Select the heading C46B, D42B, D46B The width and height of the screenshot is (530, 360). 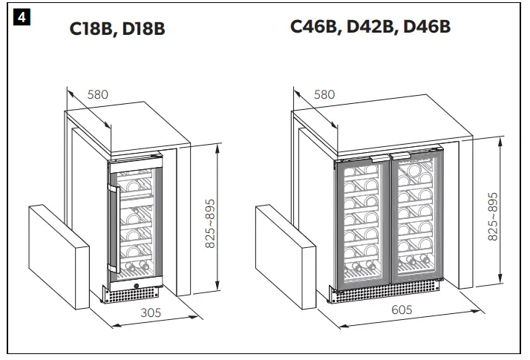(370, 27)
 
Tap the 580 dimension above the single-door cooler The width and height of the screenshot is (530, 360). (98, 94)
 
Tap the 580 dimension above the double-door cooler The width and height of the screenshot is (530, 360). (324, 94)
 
